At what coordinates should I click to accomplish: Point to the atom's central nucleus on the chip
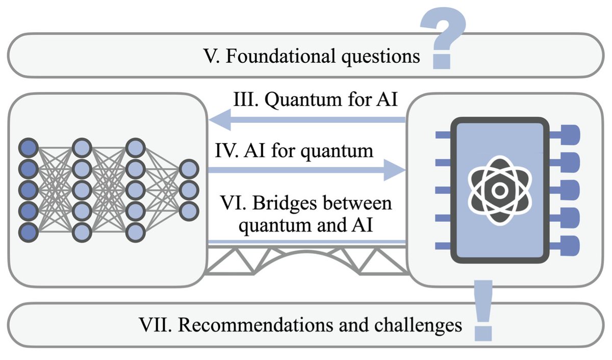click(500, 190)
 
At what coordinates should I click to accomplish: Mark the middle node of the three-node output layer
click(189, 189)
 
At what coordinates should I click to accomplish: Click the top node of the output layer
click(189, 168)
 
